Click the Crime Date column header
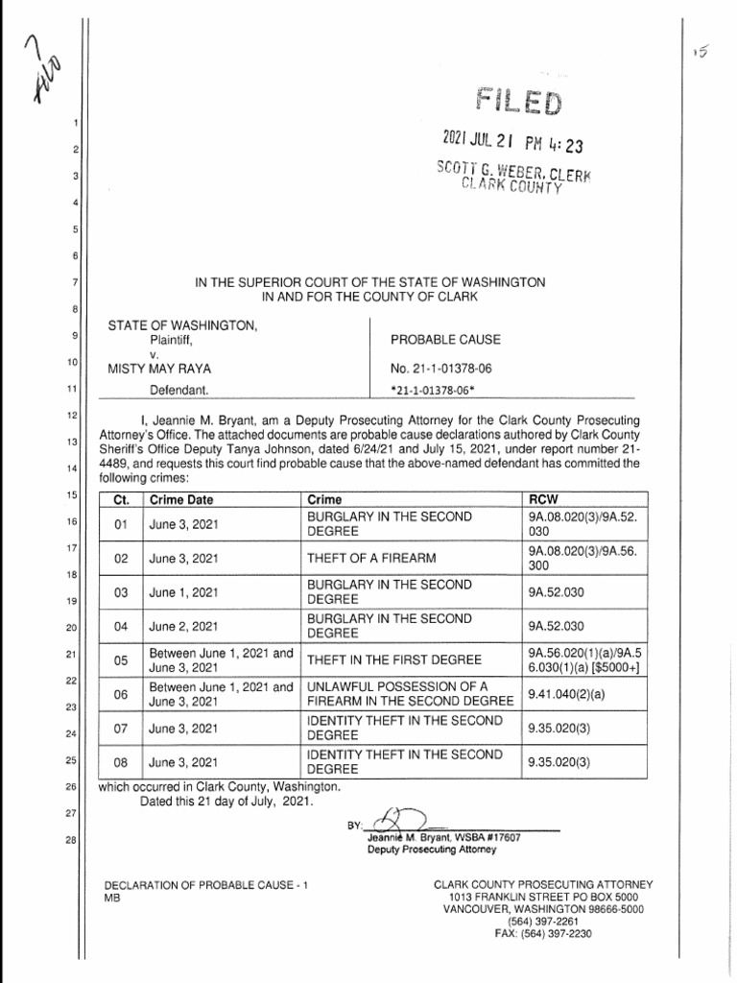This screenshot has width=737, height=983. click(181, 500)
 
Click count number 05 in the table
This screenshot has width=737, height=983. click(121, 659)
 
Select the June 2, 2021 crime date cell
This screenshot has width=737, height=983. click(183, 627)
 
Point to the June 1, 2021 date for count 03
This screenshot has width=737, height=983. click(183, 592)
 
